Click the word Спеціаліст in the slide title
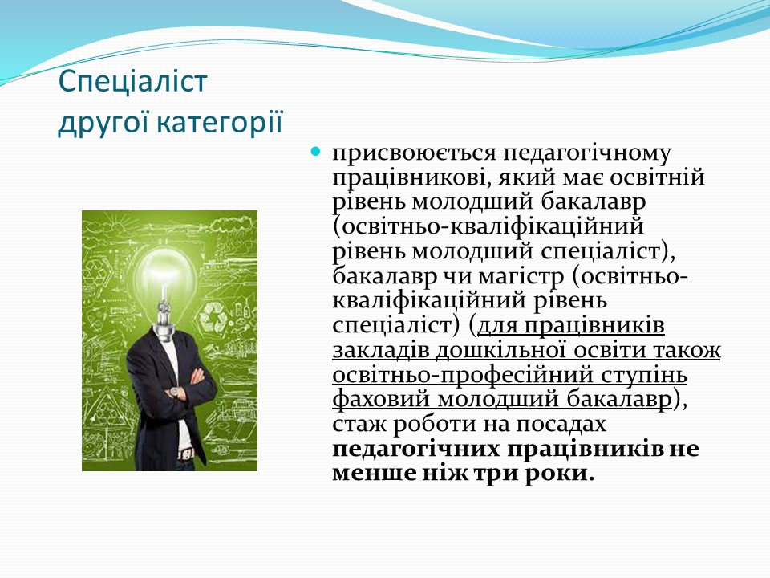132,83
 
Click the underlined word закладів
380,351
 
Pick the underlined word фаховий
381,400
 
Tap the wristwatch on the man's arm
173,392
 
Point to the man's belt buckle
185,452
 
